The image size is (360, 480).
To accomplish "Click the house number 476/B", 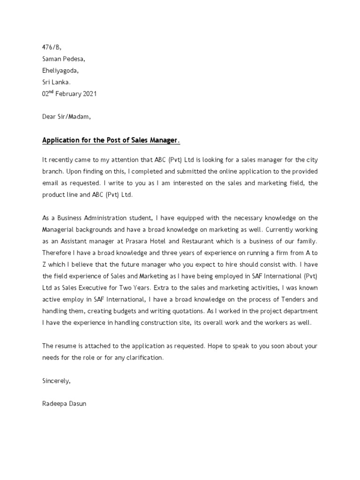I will click(52, 47).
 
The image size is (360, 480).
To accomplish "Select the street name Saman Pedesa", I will click(64, 59).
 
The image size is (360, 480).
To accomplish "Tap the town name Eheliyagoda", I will click(60, 70).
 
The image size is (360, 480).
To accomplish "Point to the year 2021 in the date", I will click(89, 94).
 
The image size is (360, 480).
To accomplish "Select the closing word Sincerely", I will click(56, 381).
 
